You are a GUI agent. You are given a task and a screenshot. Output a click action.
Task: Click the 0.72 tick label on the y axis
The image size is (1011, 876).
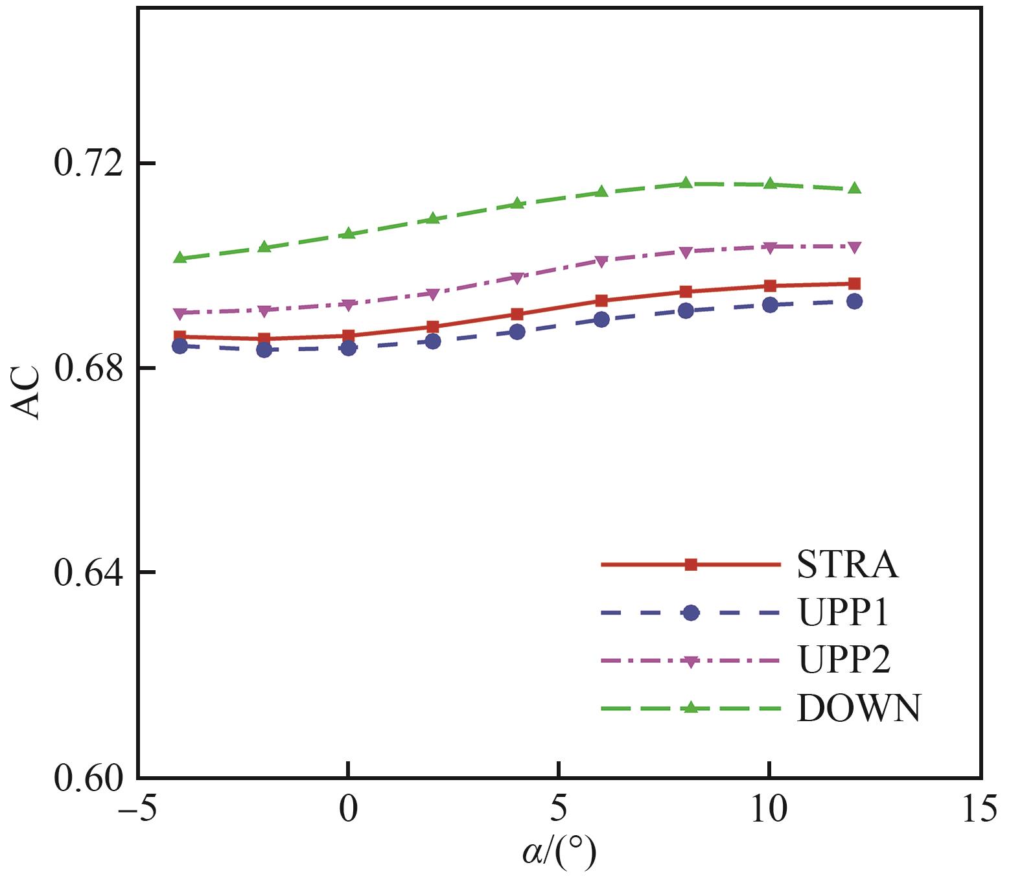[88, 163]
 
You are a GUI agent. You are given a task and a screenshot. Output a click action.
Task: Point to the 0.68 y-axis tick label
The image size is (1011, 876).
[88, 368]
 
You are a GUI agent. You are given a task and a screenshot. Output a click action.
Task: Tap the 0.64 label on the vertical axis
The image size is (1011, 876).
[88, 573]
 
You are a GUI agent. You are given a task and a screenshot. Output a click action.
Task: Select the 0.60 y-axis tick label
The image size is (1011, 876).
[88, 778]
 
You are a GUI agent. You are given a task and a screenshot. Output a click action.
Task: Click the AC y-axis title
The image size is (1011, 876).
[26, 394]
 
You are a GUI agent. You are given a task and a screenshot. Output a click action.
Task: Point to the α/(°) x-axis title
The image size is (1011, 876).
[559, 853]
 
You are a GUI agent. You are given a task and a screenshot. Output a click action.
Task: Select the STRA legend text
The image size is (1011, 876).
[847, 565]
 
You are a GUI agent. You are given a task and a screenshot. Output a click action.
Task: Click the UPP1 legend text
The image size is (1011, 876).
[843, 612]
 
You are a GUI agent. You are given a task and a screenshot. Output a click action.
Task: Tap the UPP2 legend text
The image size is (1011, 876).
[844, 660]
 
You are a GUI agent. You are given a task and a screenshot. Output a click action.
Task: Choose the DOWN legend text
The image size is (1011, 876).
[859, 708]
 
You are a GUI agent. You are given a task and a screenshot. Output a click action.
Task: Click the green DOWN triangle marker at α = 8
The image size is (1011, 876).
[686, 183]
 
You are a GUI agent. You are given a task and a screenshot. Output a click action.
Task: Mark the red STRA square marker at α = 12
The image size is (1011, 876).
[854, 284]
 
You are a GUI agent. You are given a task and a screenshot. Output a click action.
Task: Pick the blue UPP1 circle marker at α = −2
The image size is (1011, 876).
[264, 350]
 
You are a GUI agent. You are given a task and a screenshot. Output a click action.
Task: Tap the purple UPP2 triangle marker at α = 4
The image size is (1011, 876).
[517, 278]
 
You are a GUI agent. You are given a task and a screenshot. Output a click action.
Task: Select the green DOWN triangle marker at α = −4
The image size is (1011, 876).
[180, 257]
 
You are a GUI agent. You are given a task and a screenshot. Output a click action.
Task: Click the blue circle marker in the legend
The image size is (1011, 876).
[691, 612]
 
